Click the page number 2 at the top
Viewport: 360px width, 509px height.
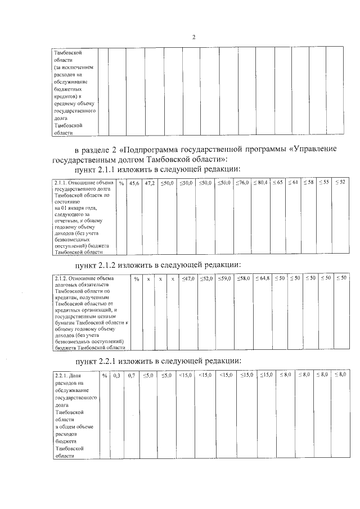pyautogui.click(x=193, y=38)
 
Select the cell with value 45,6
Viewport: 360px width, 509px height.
pyautogui.click(x=134, y=183)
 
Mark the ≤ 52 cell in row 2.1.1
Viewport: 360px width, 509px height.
pyautogui.click(x=340, y=183)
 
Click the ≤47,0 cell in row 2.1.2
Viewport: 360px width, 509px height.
pyautogui.click(x=187, y=278)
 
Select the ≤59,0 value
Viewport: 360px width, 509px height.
pyautogui.click(x=224, y=278)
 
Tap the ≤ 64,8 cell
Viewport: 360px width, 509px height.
pyautogui.click(x=262, y=278)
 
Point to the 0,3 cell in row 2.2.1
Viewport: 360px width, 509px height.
pyautogui.click(x=117, y=375)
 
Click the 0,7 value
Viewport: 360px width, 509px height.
pyautogui.click(x=132, y=375)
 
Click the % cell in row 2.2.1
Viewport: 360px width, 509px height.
pyautogui.click(x=105, y=375)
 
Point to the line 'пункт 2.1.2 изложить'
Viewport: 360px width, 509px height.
pyautogui.click(x=158, y=264)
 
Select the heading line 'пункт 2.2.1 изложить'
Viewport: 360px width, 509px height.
pyautogui.click(x=158, y=360)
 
